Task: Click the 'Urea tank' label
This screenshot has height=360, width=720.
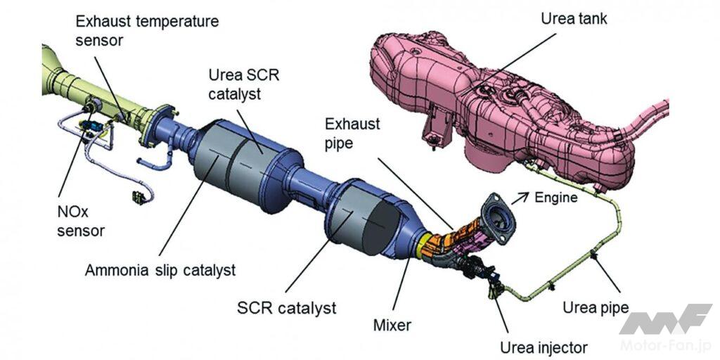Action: pos(574,19)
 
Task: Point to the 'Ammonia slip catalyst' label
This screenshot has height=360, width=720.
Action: pos(160,270)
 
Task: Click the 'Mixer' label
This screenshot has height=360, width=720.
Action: pos(392,326)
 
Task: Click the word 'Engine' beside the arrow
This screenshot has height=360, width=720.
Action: pos(555,198)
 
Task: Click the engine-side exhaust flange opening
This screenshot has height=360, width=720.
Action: pos(500,218)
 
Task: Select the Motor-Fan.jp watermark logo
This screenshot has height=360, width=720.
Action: pos(664,326)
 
